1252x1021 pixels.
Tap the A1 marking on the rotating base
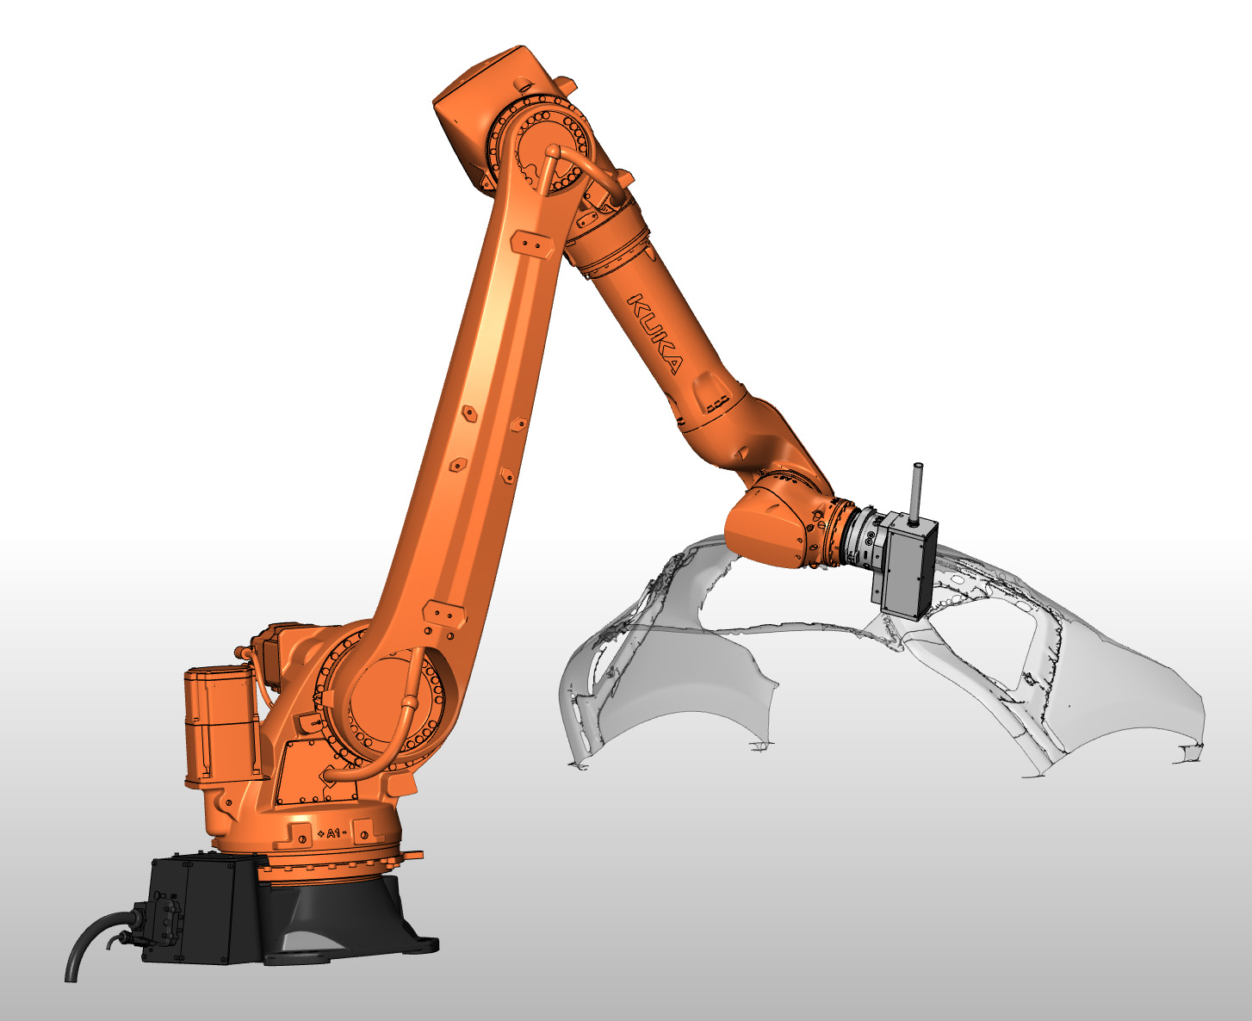[x=332, y=833]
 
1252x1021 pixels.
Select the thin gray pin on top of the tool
[x=915, y=491]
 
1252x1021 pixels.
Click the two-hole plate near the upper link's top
[x=530, y=244]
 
